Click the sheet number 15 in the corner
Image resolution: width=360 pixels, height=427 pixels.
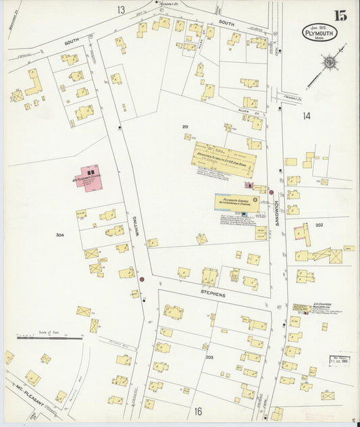(339, 16)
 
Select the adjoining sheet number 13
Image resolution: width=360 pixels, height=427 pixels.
(121, 9)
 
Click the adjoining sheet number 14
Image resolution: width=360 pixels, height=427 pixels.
(307, 116)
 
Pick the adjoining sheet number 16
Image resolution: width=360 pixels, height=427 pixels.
(198, 411)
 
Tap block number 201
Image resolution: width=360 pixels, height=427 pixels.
(184, 126)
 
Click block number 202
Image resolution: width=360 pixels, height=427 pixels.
(319, 225)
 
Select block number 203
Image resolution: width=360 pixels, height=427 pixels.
(209, 356)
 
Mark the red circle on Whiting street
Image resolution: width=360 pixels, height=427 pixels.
(142, 279)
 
